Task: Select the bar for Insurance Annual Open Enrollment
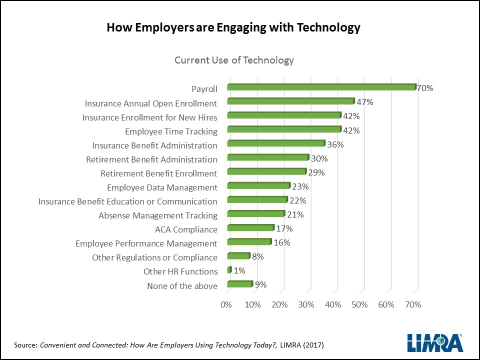click(290, 101)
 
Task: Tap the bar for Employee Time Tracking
click(284, 129)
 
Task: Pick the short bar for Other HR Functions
click(229, 270)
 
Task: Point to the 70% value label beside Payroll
click(425, 88)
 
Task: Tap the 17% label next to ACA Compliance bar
click(284, 229)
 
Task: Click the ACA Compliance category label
click(186, 230)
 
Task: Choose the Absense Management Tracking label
click(157, 216)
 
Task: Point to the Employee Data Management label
click(162, 187)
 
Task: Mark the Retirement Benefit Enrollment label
click(158, 173)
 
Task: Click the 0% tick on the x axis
click(226, 304)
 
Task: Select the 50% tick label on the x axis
click(359, 304)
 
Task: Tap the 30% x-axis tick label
click(306, 304)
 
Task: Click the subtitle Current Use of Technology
click(234, 60)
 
